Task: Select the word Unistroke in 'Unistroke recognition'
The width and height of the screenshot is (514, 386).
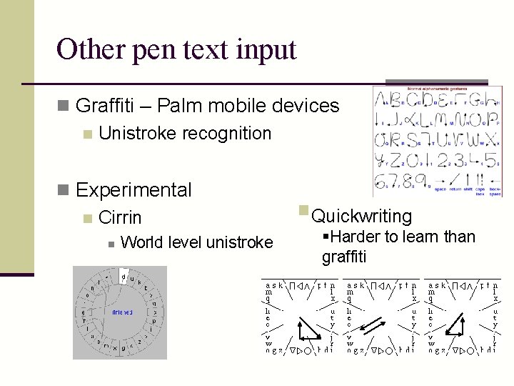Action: [x=134, y=134]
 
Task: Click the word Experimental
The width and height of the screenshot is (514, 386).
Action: [x=133, y=190]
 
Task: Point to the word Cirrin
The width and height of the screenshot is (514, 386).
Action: [x=120, y=218]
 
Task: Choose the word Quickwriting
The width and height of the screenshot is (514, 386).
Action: [x=362, y=216]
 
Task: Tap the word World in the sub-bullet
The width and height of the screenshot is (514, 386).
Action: [x=141, y=243]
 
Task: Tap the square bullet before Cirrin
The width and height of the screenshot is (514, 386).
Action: [x=86, y=217]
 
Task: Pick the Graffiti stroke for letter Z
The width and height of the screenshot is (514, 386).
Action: [x=398, y=159]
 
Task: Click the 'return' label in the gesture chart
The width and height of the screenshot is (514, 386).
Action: [x=457, y=189]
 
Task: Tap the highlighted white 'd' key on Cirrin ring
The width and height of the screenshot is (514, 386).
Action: [x=124, y=276]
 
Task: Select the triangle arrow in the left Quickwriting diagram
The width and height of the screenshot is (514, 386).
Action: [x=308, y=328]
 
